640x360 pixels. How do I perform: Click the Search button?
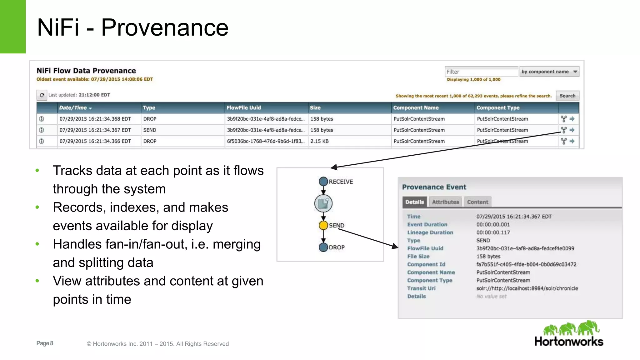point(567,96)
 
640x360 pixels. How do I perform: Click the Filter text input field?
point(481,72)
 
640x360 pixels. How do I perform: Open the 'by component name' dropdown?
point(549,72)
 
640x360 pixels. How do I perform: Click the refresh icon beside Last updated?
point(42,95)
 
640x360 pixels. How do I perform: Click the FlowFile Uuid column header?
point(244,108)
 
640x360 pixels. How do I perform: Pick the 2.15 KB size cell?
point(319,141)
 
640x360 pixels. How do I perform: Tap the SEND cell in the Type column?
point(150,130)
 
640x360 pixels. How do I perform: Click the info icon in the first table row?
point(42,119)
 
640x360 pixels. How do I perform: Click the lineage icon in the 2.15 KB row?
point(563,141)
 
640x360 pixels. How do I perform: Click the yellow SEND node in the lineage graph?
point(323,225)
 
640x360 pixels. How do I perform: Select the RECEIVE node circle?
point(323,181)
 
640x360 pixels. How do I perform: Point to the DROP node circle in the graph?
point(323,247)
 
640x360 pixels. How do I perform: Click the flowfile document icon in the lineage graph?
point(323,203)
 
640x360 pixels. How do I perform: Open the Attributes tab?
point(445,202)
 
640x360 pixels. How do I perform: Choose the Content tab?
point(477,202)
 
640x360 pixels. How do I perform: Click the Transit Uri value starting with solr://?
point(527,288)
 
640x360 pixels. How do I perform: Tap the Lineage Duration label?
point(430,232)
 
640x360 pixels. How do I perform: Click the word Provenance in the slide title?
point(165,27)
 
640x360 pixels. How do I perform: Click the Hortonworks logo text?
point(569,341)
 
